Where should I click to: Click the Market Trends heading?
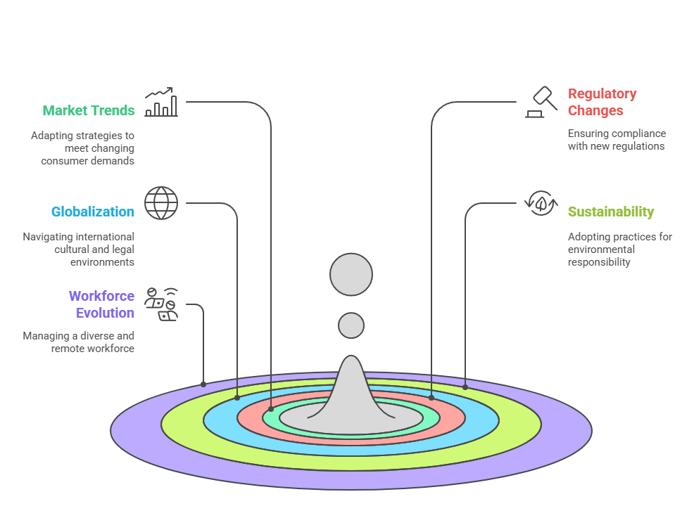(89, 110)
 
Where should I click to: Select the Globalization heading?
(93, 212)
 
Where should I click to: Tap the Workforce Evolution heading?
(101, 304)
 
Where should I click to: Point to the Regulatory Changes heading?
(602, 102)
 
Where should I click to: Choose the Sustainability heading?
(611, 212)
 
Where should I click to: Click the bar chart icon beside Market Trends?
(160, 103)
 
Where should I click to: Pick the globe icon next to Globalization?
(161, 203)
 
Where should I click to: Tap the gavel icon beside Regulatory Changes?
(541, 103)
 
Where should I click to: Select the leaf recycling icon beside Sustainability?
(541, 203)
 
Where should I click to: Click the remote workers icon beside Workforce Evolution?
(161, 304)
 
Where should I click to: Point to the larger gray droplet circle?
(351, 274)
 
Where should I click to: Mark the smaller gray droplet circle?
(351, 325)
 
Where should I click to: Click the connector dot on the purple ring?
(203, 384)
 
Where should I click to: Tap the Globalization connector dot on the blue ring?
(237, 398)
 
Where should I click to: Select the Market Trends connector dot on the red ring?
(271, 408)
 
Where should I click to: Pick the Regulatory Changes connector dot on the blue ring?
(431, 398)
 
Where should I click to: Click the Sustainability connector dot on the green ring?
(465, 387)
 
